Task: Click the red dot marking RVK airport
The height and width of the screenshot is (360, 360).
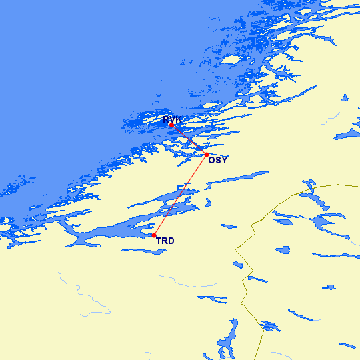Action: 171,125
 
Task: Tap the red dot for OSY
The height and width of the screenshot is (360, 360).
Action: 206,155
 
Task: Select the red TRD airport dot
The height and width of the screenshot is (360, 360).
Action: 154,235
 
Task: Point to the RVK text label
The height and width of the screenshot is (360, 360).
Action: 172,119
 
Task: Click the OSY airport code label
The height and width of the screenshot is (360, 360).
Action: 217,161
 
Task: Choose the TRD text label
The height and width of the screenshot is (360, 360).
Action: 165,241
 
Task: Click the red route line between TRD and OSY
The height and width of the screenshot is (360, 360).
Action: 180,195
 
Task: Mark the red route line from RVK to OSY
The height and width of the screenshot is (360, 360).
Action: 189,139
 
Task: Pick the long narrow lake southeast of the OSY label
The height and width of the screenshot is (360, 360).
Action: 240,179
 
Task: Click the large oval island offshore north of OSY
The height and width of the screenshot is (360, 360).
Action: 231,59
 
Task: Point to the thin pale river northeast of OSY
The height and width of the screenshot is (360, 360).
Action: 327,120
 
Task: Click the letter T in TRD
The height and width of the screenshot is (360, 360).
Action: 159,241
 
